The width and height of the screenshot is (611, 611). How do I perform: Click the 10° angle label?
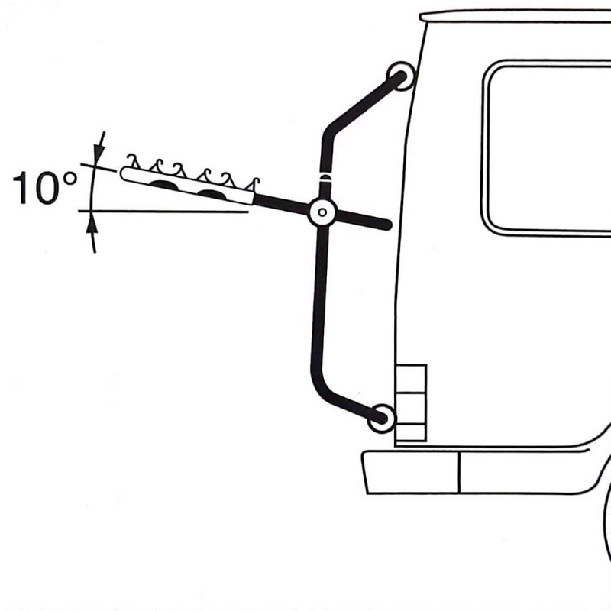tap(45, 188)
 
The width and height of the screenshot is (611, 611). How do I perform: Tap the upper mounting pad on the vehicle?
tap(400, 76)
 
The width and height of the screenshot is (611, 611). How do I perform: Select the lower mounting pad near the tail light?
tap(381, 419)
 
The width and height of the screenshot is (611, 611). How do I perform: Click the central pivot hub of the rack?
tap(322, 212)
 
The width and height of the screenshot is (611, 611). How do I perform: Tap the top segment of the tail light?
tap(411, 379)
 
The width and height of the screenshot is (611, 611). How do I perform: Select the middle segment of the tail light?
tap(411, 409)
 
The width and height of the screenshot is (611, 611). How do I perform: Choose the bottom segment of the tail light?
tap(411, 432)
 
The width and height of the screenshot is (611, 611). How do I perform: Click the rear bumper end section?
tap(412, 473)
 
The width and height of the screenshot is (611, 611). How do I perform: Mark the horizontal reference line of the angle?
tap(163, 212)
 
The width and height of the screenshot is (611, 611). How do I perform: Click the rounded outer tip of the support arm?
tap(125, 173)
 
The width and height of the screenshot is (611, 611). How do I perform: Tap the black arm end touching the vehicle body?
tap(385, 225)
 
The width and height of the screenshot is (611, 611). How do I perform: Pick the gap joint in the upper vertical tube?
tap(325, 174)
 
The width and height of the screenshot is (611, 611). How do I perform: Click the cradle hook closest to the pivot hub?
tap(253, 185)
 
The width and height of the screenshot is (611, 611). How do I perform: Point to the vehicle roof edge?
tap(514, 16)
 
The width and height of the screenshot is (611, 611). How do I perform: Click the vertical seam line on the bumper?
tap(460, 473)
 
